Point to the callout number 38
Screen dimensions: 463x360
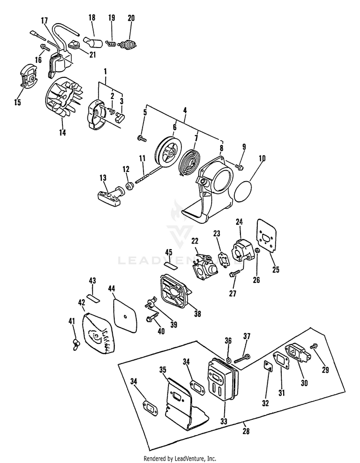(197, 314)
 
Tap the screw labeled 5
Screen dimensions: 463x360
(142, 138)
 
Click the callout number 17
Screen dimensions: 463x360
(44, 21)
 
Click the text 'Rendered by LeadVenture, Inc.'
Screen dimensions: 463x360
(180, 458)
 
